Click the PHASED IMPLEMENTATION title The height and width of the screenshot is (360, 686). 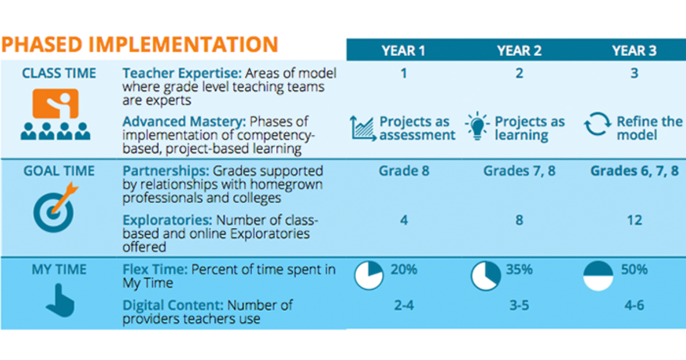click(139, 44)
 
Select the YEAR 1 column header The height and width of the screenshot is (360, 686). click(404, 51)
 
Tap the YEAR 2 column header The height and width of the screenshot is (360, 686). click(519, 51)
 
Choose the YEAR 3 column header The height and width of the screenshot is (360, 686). click(634, 51)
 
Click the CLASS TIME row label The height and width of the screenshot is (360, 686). click(59, 73)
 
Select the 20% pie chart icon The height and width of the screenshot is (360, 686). click(369, 277)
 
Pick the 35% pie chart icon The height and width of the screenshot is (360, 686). click(485, 277)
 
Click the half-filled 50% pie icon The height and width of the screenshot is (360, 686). click(598, 277)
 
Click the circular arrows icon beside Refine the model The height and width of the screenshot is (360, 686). click(597, 127)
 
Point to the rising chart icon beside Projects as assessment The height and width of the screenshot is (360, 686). click(363, 128)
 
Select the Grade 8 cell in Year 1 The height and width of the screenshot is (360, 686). click(404, 171)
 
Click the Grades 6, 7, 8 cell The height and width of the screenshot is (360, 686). click(635, 171)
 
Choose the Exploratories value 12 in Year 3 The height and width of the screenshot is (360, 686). click(635, 220)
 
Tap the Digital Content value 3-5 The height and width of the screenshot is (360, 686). click(519, 305)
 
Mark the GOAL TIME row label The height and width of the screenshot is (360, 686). click(59, 170)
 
